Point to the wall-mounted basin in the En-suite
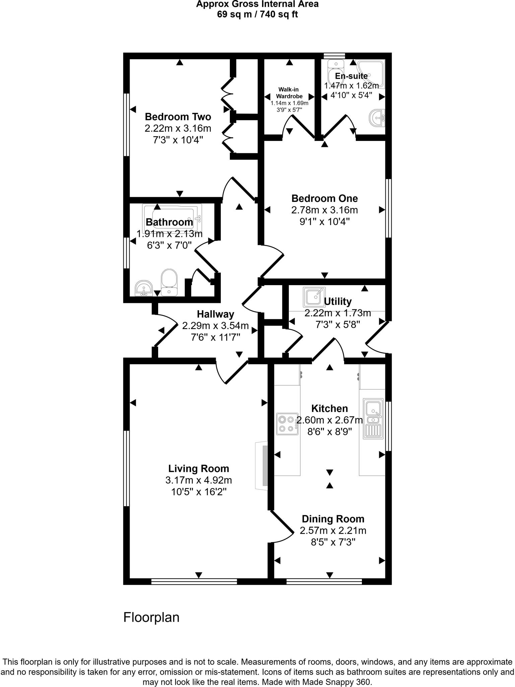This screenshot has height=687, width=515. (x=377, y=118)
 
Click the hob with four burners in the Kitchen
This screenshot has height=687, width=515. (x=287, y=424)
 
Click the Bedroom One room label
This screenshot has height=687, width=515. (x=324, y=198)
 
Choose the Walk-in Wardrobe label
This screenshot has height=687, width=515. (x=289, y=93)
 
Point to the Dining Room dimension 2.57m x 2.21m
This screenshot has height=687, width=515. (x=333, y=530)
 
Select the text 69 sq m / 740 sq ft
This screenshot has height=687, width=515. (x=257, y=14)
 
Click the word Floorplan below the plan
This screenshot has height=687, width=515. (x=151, y=617)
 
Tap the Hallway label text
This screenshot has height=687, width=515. (x=215, y=314)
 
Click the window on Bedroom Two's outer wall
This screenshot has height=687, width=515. (x=126, y=124)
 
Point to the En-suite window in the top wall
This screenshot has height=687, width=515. (x=334, y=56)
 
